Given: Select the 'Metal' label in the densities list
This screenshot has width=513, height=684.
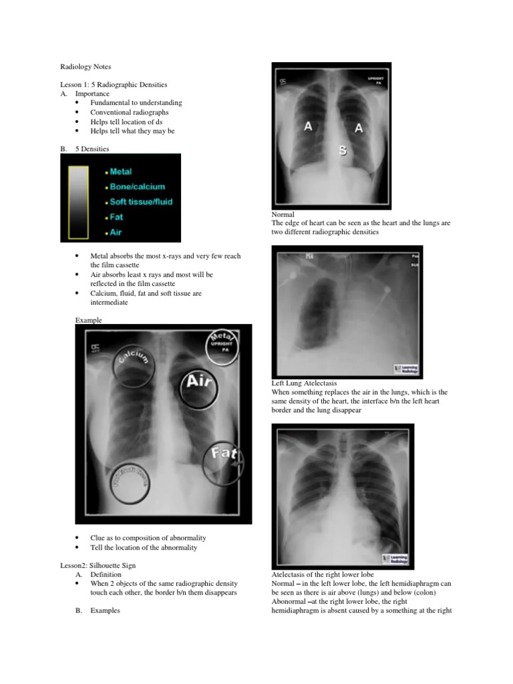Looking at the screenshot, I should [121, 172].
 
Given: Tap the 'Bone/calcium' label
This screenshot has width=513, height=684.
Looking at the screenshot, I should [137, 186].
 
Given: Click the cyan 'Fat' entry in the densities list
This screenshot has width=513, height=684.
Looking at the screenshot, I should [116, 217].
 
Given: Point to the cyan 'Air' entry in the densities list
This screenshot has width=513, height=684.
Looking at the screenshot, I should [116, 233].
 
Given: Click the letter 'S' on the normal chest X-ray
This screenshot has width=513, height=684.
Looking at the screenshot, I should [342, 151].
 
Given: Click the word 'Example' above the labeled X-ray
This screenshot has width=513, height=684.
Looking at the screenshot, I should [88, 320].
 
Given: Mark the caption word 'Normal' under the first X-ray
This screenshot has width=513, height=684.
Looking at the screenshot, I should [283, 214].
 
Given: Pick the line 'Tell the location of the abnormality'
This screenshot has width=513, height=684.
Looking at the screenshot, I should [144, 547].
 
